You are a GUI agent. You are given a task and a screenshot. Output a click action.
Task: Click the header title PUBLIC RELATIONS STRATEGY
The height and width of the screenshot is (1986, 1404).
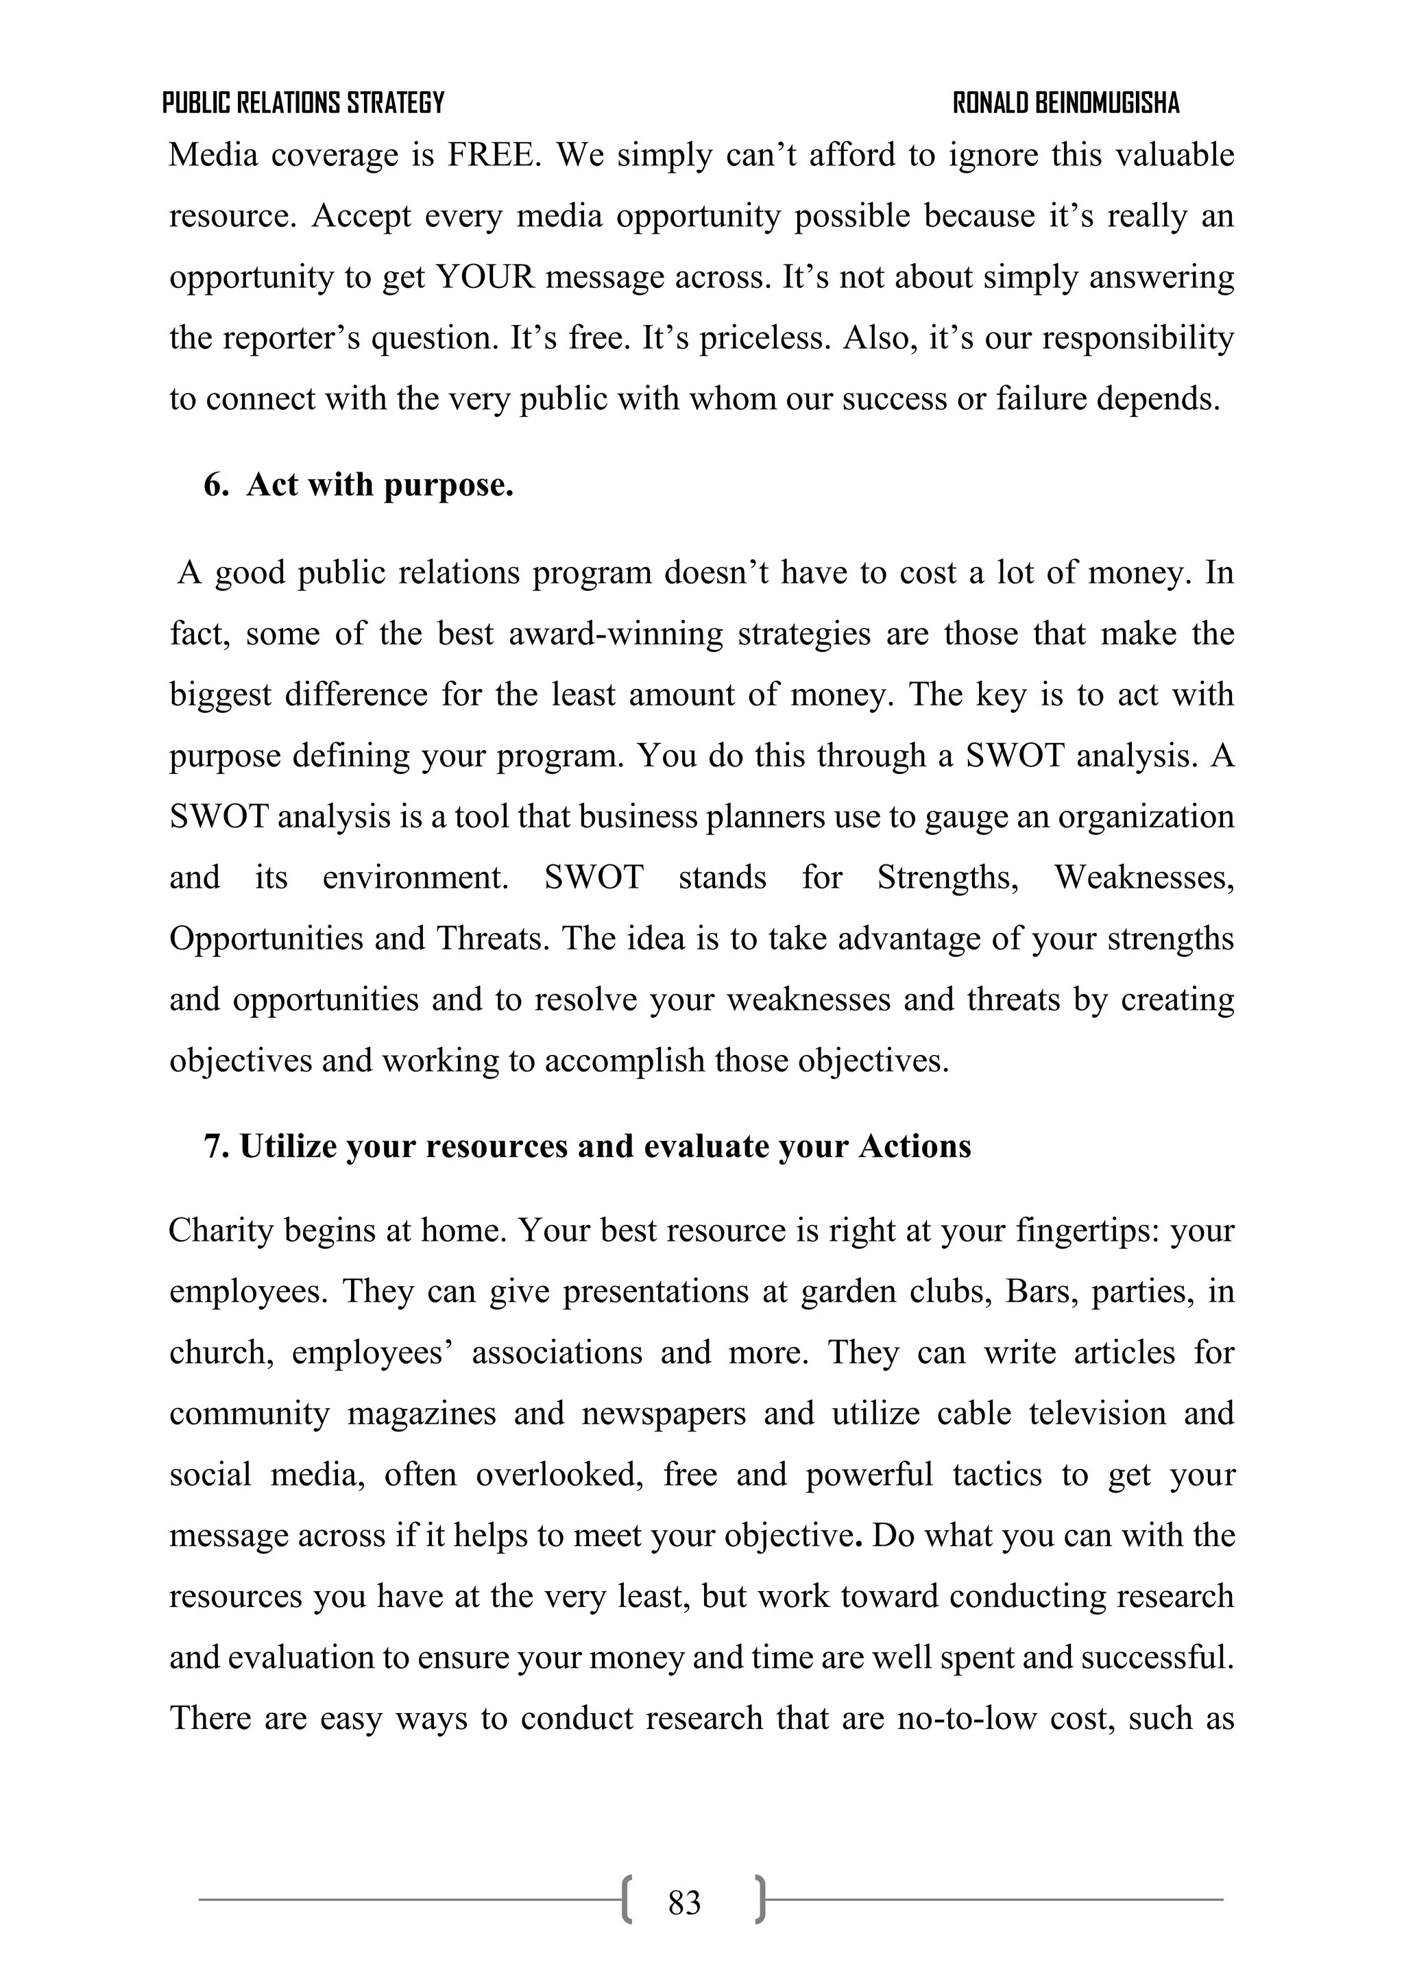[303, 104]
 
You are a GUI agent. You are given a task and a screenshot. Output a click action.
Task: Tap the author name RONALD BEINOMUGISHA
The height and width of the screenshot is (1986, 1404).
[1066, 104]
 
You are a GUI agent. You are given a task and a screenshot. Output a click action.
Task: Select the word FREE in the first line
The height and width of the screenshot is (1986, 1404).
[494, 156]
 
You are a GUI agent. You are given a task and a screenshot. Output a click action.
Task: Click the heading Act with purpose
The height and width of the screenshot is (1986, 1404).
[380, 485]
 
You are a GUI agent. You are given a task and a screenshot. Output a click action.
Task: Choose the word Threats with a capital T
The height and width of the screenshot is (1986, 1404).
[489, 938]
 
